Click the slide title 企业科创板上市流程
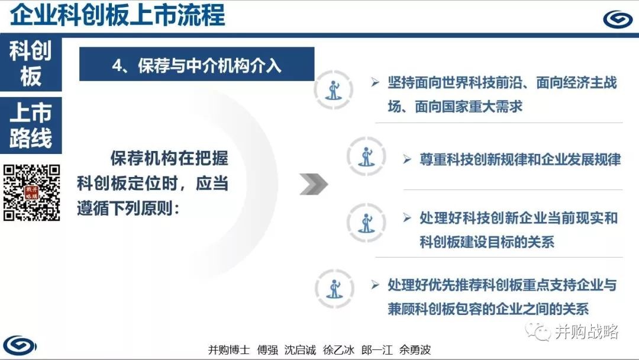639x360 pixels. [117, 15]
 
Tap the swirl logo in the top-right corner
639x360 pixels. [617, 19]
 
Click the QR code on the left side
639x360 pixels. [32, 193]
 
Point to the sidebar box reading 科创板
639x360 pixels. [31, 63]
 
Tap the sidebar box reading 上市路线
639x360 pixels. [31, 125]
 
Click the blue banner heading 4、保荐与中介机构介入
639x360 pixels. [197, 64]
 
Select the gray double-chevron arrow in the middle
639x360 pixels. [314, 184]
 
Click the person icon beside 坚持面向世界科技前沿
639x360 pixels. [333, 90]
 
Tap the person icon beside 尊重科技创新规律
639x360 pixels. [366, 156]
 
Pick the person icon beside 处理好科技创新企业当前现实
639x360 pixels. [366, 223]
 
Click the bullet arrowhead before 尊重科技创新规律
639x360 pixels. [406, 159]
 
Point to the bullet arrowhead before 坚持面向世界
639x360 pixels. [375, 82]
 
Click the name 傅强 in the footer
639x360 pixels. [267, 350]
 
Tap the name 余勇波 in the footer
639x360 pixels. [414, 350]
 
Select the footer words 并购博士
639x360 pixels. [228, 350]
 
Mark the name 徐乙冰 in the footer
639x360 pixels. [338, 350]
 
